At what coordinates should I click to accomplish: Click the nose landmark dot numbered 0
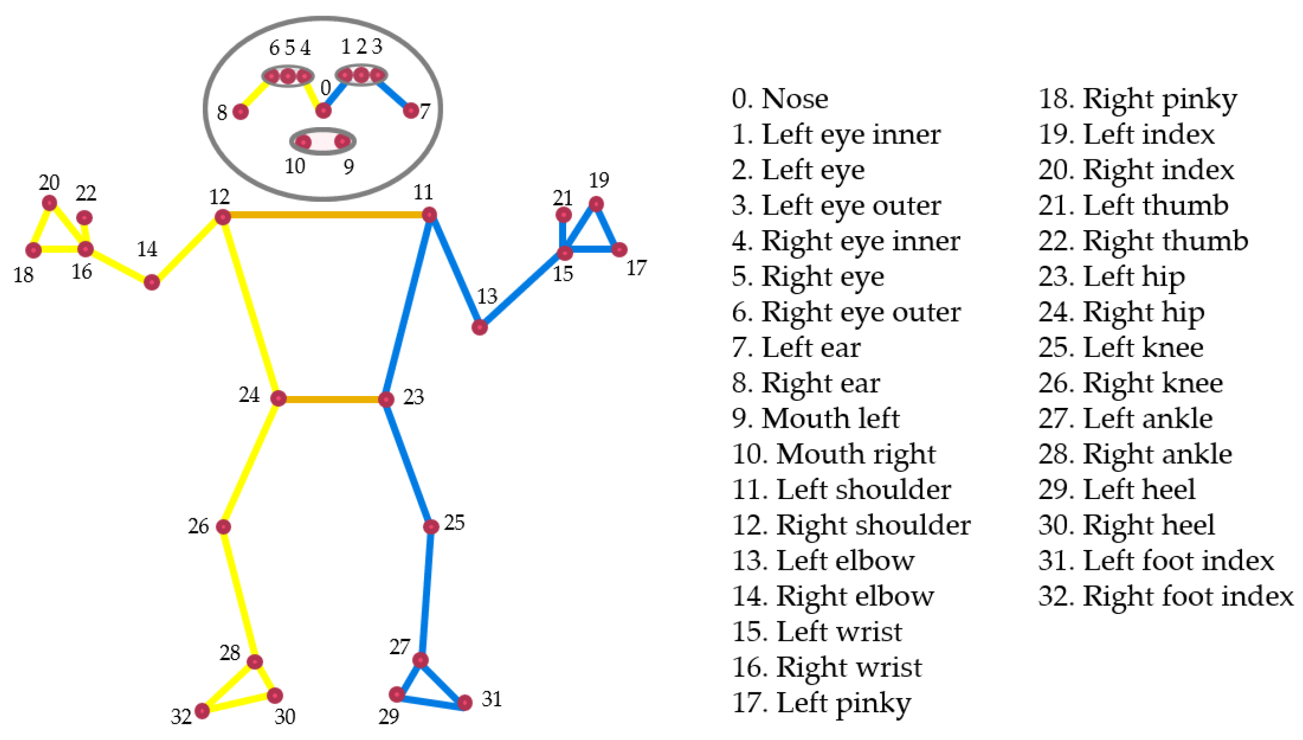[x=323, y=111]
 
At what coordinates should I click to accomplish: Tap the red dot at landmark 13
[x=479, y=327]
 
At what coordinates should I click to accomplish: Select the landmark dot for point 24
[x=278, y=398]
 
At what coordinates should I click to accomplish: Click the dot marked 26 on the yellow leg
[x=224, y=526]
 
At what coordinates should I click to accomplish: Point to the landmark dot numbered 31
[x=465, y=702]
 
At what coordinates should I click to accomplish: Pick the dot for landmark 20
[x=49, y=203]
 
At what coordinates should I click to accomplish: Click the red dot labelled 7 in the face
[x=411, y=111]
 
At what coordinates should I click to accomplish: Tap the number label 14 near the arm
[x=147, y=249]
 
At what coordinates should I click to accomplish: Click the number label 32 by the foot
[x=181, y=717]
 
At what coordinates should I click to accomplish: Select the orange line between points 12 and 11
[x=326, y=215]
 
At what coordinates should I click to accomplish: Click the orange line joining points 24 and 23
[x=332, y=399]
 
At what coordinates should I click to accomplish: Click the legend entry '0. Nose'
[x=780, y=99]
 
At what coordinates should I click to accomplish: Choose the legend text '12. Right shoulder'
[x=851, y=525]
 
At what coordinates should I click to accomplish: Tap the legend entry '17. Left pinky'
[x=821, y=703]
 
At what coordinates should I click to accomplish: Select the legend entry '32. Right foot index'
[x=1165, y=596]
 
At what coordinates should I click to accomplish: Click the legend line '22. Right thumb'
[x=1143, y=241]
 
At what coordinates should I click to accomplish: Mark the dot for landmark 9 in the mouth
[x=342, y=142]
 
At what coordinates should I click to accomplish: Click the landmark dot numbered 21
[x=564, y=215]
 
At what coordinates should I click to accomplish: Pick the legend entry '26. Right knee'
[x=1130, y=383]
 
